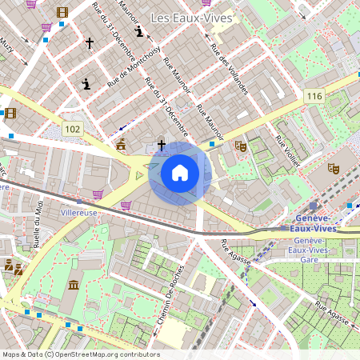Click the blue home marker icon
180,173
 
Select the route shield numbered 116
314,96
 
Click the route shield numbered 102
73,129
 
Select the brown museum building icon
74,286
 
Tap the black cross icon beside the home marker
162,145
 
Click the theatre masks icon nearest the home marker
239,146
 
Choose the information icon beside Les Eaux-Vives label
140,32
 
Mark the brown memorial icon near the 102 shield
121,145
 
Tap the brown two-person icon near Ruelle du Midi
12,266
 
